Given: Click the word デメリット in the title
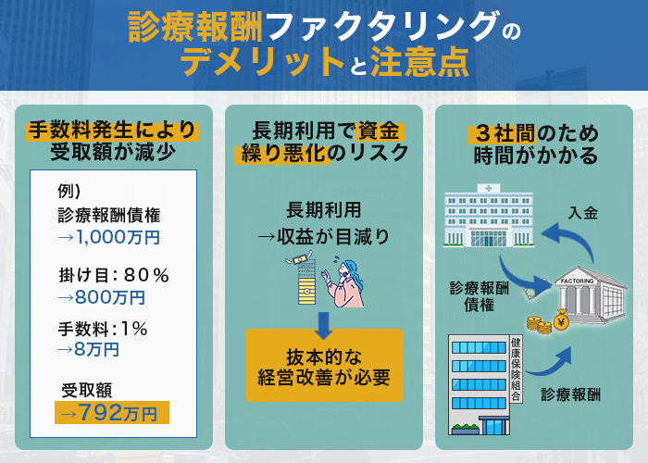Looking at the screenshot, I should (260, 62).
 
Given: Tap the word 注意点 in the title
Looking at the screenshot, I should (413, 62).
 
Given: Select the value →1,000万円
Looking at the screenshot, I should (108, 237).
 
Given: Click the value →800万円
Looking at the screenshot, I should (101, 297).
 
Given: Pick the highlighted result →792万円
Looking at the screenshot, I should (113, 412).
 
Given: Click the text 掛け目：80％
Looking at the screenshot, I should (113, 274).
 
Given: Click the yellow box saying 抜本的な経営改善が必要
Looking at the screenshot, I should (324, 366).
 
